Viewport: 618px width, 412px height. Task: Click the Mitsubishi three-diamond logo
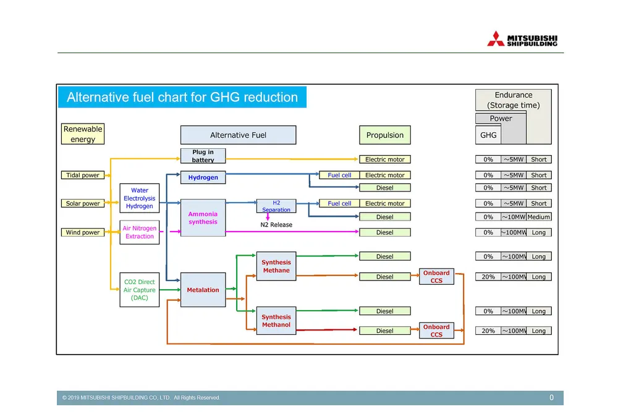[x=496, y=39]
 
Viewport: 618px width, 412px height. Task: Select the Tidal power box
[x=83, y=175]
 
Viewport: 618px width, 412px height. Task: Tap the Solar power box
[x=83, y=204]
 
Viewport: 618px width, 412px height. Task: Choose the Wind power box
[x=83, y=233]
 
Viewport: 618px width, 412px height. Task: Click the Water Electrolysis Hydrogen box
[x=139, y=198]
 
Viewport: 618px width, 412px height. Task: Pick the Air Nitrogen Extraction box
[x=139, y=232]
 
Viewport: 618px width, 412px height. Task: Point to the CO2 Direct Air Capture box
[x=139, y=290]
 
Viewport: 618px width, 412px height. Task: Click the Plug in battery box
[x=203, y=156]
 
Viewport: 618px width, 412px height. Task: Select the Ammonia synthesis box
[x=203, y=217]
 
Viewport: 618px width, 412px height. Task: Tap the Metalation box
[x=203, y=290]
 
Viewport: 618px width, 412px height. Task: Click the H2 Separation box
[x=276, y=206]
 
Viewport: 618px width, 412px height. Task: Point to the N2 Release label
[x=276, y=225]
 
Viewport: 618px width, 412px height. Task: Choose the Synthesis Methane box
[x=276, y=266]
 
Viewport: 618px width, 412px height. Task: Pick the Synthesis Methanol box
[x=276, y=321]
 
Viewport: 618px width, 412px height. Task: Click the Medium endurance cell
[x=539, y=217]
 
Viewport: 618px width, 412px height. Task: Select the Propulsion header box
[x=384, y=135]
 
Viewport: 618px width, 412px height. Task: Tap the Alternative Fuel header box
[x=238, y=135]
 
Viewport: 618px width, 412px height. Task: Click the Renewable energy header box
[x=83, y=134]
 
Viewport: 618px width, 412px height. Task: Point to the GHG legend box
[x=488, y=135]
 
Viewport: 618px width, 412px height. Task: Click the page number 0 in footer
[x=552, y=398]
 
